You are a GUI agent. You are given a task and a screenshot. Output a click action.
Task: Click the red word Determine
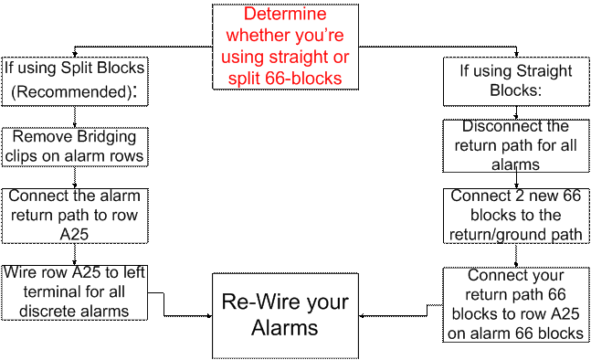[286, 16]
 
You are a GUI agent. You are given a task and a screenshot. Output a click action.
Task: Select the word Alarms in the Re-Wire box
[285, 327]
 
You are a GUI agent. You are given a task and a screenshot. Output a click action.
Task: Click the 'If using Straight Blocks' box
[516, 81]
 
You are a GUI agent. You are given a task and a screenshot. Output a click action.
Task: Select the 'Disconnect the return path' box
[516, 146]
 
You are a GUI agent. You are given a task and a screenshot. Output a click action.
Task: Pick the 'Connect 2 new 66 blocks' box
[516, 216]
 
